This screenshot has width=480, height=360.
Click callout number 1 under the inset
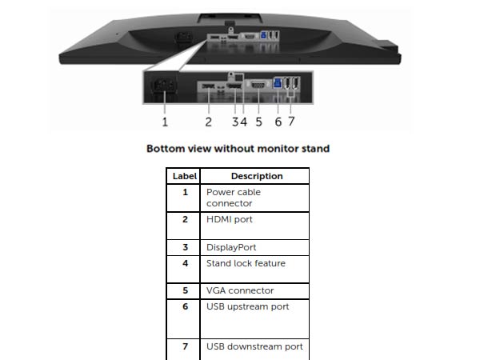click(x=165, y=122)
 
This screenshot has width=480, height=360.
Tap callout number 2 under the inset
click(x=209, y=122)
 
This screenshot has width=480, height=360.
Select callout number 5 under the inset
click(x=259, y=122)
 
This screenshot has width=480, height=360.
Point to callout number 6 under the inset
click(x=278, y=122)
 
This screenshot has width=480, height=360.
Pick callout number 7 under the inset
click(x=291, y=122)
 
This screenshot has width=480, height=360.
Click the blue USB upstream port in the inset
click(x=278, y=83)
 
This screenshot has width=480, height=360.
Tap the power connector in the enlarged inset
click(x=164, y=85)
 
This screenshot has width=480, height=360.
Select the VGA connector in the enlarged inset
click(x=258, y=85)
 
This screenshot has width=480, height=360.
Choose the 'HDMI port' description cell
click(x=254, y=226)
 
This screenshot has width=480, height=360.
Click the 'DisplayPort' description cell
click(x=254, y=247)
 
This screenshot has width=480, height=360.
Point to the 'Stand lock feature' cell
click(x=254, y=270)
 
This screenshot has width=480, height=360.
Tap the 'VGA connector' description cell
click(x=254, y=291)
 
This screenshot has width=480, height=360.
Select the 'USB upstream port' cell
click(x=254, y=319)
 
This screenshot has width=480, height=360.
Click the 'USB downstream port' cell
click(x=254, y=350)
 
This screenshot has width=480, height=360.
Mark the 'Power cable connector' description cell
click(x=254, y=198)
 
